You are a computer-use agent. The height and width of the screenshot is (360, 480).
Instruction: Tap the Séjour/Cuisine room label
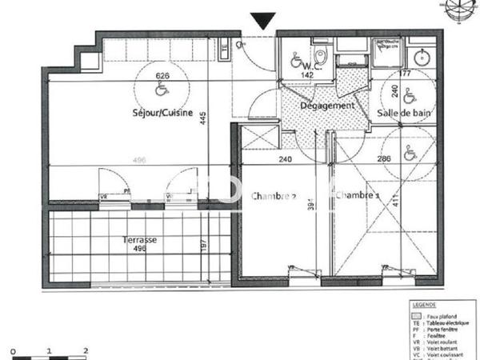(162, 113)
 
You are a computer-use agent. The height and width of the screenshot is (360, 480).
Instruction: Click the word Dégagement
(327, 106)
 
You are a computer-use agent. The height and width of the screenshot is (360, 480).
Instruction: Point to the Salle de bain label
(405, 114)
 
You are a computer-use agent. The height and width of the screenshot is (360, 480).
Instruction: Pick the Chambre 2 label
(274, 196)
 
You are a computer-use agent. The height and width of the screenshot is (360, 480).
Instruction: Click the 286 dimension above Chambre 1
(384, 159)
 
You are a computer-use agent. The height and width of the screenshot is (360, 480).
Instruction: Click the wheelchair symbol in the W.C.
(295, 58)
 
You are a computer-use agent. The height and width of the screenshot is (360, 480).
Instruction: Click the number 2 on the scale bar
(86, 350)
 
